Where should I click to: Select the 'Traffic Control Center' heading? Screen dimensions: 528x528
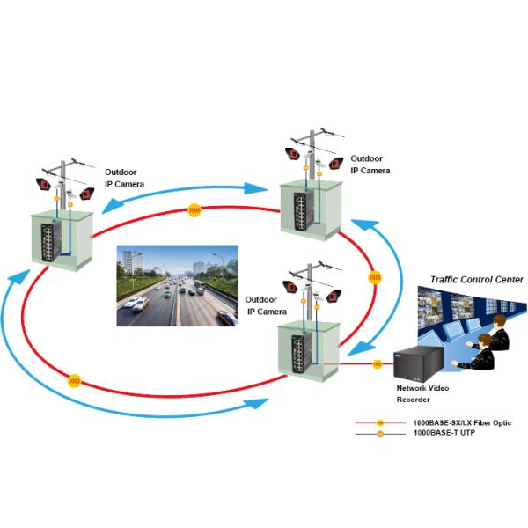tap(476, 280)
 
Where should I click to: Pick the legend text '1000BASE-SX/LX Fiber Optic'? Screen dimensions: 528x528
tap(462, 423)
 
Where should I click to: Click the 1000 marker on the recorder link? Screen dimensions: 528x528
tap(378, 363)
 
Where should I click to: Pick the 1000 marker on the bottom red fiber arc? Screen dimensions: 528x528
tap(74, 382)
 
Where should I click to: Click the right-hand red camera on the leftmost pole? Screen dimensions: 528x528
tap(86, 193)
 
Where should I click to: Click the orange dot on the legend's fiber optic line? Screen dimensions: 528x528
tap(380, 424)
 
